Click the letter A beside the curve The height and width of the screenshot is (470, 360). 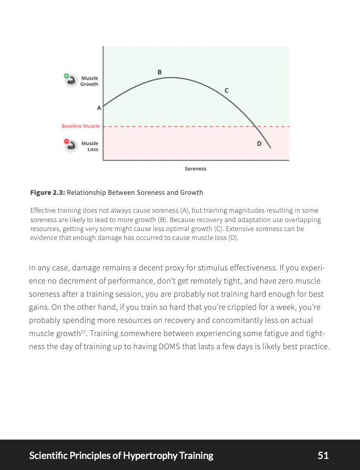99,108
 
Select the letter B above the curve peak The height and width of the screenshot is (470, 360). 160,72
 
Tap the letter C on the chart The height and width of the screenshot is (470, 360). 226,91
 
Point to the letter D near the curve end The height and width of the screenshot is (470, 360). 259,144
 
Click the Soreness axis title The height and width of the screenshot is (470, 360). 195,169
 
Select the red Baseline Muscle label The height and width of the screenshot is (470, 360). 80,126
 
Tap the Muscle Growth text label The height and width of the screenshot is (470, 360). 89,81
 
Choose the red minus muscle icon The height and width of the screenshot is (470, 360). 69,144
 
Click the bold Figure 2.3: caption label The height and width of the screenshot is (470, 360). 47,193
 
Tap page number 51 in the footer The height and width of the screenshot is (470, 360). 323,455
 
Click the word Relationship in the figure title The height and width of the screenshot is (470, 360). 86,193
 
